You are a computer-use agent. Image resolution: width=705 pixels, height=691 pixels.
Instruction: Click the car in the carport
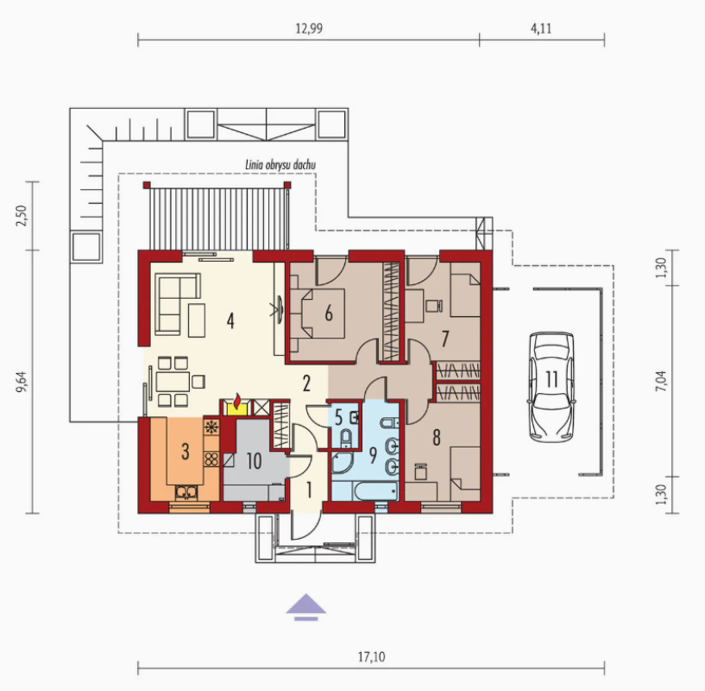(551, 387)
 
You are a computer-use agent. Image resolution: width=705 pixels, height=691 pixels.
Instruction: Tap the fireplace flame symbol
(237, 400)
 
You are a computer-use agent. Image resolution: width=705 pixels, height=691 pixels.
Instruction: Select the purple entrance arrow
(306, 607)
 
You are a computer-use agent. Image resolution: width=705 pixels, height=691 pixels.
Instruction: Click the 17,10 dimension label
(371, 656)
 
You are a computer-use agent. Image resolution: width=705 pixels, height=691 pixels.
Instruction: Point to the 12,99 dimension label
(309, 29)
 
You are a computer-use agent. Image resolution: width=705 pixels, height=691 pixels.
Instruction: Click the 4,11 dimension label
(541, 29)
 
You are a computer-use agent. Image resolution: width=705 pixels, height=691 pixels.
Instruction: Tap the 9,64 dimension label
(22, 381)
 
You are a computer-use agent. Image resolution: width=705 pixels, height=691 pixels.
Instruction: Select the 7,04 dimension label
(661, 381)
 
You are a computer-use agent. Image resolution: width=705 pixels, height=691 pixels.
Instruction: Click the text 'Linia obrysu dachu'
(280, 165)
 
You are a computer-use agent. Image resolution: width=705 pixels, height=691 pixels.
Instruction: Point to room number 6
(329, 314)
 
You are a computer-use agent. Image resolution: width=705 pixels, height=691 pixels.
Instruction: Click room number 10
(254, 461)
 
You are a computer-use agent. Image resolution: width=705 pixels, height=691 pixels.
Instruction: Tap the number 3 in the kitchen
(186, 452)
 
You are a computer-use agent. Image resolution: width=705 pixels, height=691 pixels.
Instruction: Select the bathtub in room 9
(376, 491)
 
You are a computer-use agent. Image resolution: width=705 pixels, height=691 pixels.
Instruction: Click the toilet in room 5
(346, 438)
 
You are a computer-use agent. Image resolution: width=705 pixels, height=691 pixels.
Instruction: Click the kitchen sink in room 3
(186, 493)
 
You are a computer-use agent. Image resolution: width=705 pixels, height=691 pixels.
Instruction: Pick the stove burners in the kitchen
(211, 460)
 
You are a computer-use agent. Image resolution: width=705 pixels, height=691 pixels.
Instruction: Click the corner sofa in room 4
(178, 304)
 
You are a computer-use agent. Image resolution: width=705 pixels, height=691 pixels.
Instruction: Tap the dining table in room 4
(173, 382)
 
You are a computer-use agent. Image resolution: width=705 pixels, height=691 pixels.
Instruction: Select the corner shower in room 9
(343, 463)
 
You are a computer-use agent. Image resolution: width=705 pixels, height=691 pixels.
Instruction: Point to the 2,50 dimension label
(22, 216)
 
